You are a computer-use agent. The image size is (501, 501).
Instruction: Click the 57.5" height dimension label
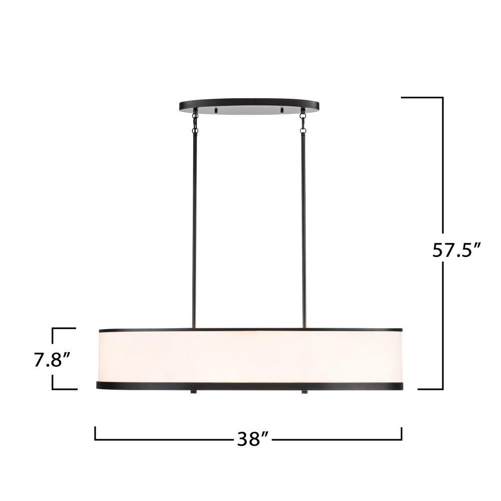click(456, 250)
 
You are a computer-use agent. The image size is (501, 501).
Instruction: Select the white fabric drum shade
click(250, 356)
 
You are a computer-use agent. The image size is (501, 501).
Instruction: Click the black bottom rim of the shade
click(249, 386)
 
